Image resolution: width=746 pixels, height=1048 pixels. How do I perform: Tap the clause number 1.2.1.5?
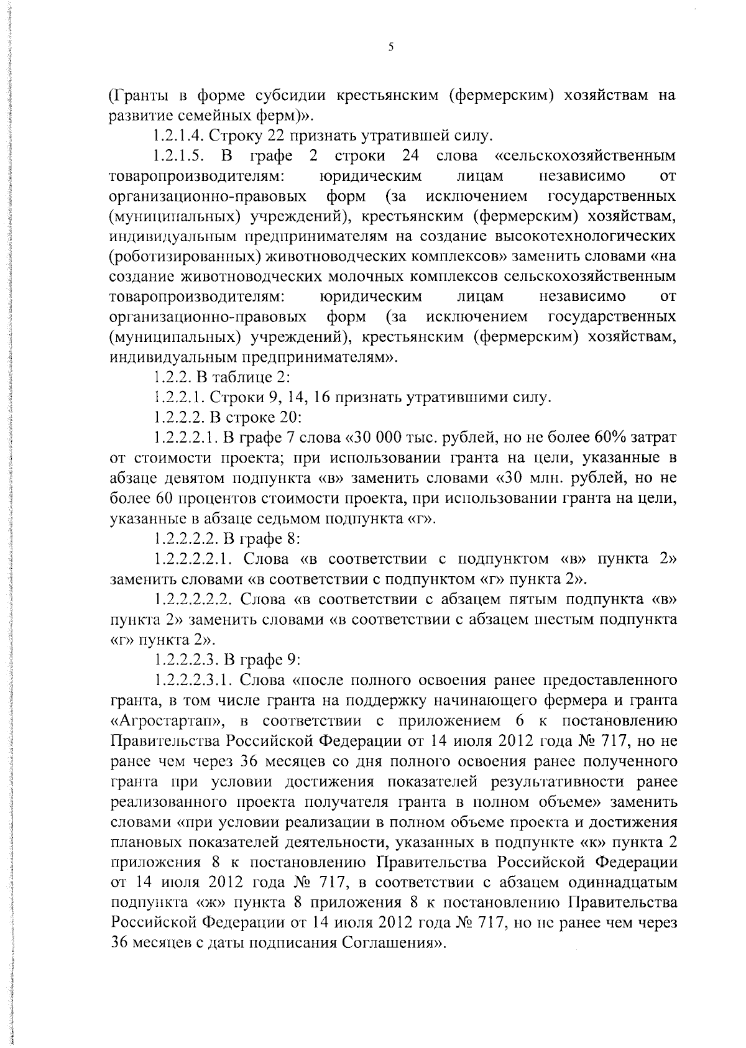click(x=178, y=155)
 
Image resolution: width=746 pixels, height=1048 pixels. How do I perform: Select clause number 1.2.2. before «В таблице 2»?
click(x=172, y=377)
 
